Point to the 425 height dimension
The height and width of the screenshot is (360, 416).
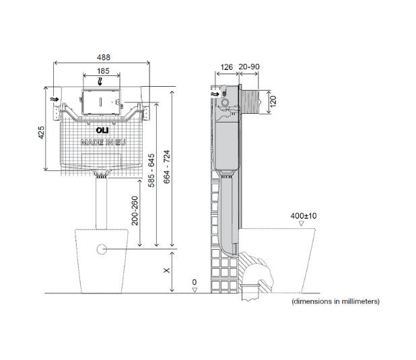click(41, 133)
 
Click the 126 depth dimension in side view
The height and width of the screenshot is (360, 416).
click(226, 67)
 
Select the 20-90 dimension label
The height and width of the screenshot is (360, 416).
click(248, 67)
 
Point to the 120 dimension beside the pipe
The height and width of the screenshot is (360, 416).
click(273, 101)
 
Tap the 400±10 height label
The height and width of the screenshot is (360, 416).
click(304, 215)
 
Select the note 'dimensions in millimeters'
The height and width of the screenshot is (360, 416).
click(335, 302)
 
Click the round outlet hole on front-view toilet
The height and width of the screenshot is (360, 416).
click(102, 250)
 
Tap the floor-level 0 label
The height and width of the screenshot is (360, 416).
click(195, 281)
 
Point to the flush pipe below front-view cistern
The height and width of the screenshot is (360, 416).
click(102, 202)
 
